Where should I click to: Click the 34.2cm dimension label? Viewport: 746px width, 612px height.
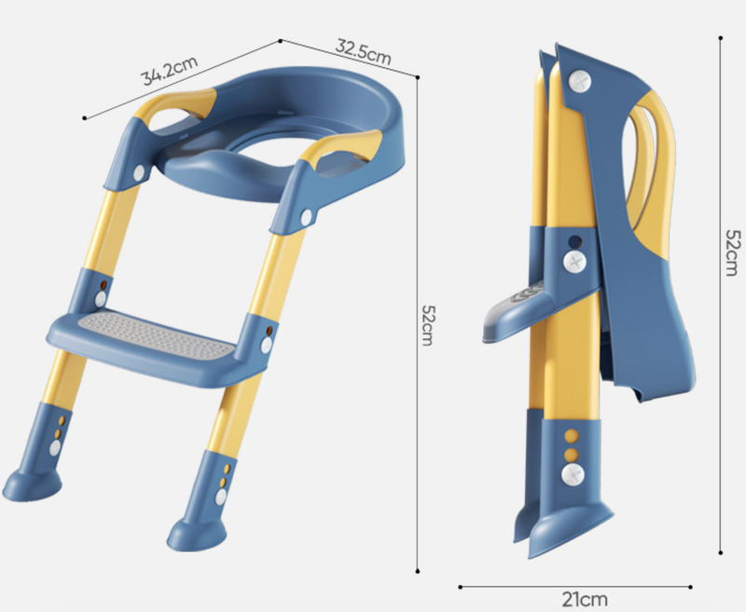point(170,70)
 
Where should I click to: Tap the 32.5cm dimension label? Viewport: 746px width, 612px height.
point(364,52)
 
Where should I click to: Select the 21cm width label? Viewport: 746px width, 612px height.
point(585,599)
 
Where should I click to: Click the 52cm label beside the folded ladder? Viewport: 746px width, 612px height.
point(732,252)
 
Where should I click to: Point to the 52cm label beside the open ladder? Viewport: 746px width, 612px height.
point(427,325)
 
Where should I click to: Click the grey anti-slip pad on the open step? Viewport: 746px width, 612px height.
point(158,335)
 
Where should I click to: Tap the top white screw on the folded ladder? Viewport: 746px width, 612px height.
point(579,82)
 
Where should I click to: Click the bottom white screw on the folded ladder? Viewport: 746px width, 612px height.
point(573,474)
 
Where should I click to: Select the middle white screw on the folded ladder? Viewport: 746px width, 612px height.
point(574,262)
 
